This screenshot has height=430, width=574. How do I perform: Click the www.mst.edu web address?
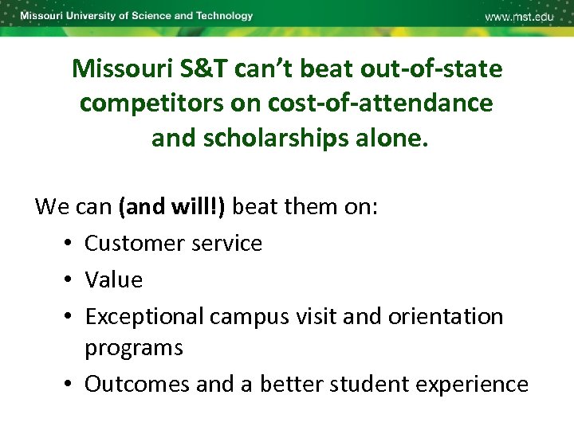(x=519, y=18)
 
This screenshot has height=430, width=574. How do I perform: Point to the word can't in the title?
(x=258, y=69)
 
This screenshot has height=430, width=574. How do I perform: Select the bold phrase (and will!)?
(x=171, y=207)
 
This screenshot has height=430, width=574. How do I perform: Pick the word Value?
(x=114, y=279)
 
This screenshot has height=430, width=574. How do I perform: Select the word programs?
(x=134, y=348)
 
